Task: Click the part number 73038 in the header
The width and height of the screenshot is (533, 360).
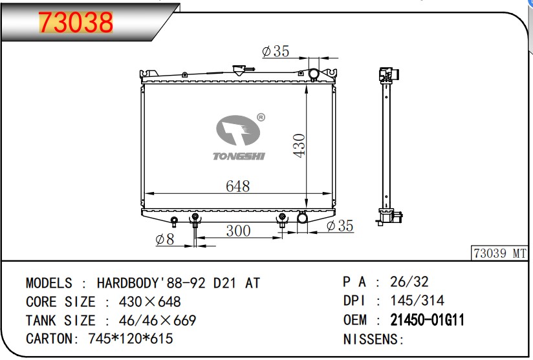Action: (x=76, y=23)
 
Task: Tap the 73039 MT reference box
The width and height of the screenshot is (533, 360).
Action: (x=500, y=253)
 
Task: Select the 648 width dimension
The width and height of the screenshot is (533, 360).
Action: (x=237, y=186)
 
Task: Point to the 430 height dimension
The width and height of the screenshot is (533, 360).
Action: (x=299, y=146)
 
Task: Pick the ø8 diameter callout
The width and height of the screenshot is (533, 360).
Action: (x=165, y=240)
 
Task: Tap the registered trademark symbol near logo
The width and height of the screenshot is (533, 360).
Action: (x=260, y=118)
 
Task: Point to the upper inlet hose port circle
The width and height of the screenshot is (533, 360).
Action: (x=314, y=74)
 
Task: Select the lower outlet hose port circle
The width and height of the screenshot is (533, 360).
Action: (x=303, y=219)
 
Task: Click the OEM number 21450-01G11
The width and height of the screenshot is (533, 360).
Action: (x=427, y=320)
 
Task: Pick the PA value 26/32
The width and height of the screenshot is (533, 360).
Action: (x=409, y=282)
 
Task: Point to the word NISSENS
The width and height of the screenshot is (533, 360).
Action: (x=373, y=339)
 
